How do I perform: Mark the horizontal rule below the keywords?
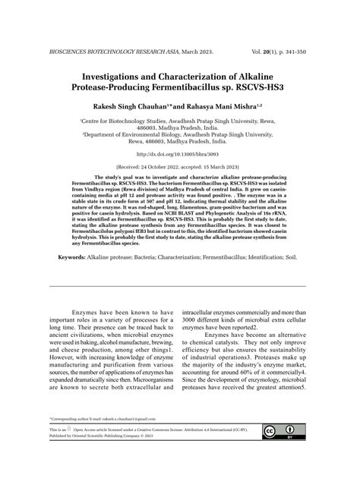[x=179, y=286]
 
